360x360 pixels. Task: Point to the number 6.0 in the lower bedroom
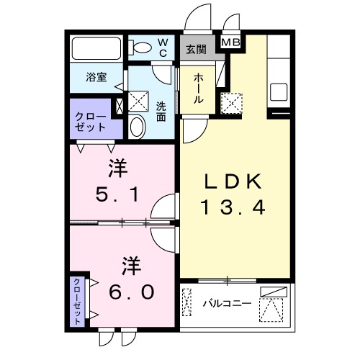pyautogui.click(x=130, y=292)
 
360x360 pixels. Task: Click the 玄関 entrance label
pyautogui.click(x=196, y=50)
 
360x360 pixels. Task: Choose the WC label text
pyautogui.click(x=163, y=48)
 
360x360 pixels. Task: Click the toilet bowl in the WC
pyautogui.click(x=141, y=48)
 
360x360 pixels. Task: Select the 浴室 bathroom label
pyautogui.click(x=96, y=77)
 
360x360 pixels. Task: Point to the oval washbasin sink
pyautogui.click(x=138, y=127)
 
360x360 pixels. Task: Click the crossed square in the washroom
pyautogui.click(x=138, y=99)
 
